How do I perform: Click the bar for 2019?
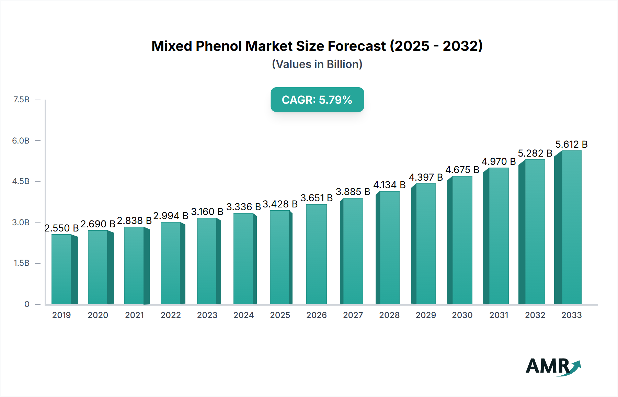click(61, 270)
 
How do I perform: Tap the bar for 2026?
click(316, 254)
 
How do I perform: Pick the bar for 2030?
click(462, 240)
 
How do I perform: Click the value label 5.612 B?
click(571, 144)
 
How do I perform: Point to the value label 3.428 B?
click(280, 204)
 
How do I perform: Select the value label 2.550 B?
click(61, 228)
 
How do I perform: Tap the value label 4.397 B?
click(426, 178)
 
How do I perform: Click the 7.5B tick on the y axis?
click(21, 100)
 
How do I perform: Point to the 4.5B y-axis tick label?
click(21, 181)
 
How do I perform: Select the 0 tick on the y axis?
click(27, 304)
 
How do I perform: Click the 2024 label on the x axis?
click(243, 315)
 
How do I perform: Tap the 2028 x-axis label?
click(389, 315)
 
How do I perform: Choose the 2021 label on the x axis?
click(134, 315)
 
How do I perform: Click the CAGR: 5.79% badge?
click(317, 100)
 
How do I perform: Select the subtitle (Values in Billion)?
click(317, 64)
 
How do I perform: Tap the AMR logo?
click(553, 366)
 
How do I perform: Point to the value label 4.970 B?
click(499, 161)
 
